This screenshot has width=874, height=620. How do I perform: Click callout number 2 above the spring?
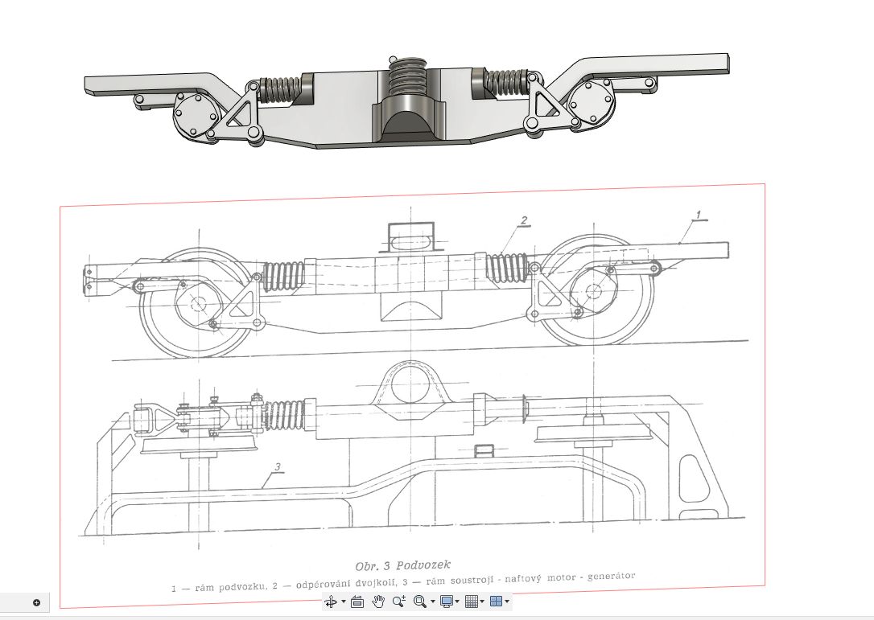523,220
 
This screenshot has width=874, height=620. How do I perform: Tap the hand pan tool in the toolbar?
378,601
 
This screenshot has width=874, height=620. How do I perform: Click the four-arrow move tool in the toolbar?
330,601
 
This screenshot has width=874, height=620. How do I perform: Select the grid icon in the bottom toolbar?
472,601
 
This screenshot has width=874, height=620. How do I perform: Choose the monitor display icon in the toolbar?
447,601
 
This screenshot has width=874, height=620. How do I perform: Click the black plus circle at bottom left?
36,602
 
